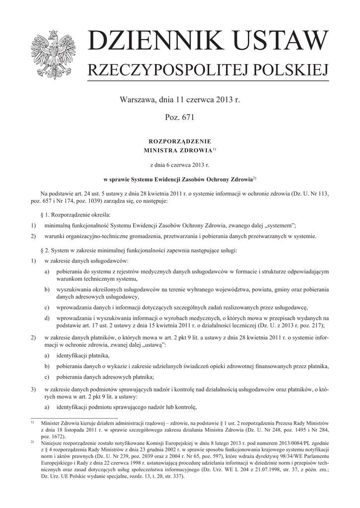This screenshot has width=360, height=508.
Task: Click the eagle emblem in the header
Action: point(54,54)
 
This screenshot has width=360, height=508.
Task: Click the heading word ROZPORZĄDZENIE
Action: point(180,141)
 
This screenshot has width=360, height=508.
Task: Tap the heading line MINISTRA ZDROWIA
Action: point(178,150)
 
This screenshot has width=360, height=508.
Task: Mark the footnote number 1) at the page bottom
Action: point(32,422)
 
